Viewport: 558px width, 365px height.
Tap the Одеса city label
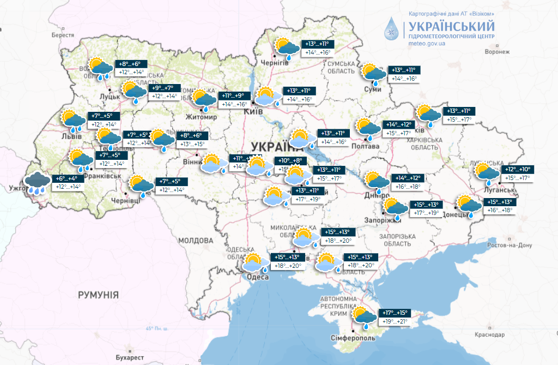coord(258,277)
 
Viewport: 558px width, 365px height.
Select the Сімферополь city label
coord(353,339)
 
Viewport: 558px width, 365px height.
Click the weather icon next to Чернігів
coord(287,47)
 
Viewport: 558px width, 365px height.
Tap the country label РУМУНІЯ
coord(98,295)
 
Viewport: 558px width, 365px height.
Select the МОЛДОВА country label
coord(195,240)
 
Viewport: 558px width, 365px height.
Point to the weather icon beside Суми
coord(374,74)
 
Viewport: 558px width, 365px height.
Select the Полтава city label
coord(366,146)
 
